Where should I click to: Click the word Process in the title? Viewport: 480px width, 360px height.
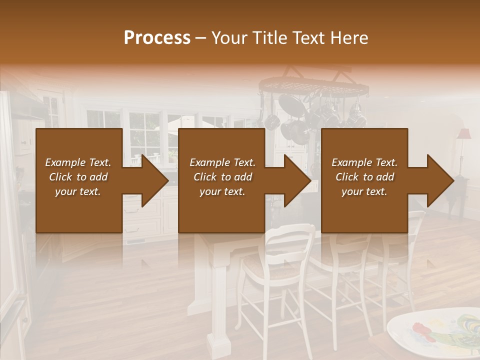pos(157,38)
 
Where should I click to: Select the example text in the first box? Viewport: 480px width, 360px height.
pos(78,177)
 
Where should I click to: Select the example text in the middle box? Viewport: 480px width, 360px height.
pos(222,177)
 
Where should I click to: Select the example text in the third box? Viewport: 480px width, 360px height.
pos(364,177)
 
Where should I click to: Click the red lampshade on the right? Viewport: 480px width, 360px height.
pos(463,134)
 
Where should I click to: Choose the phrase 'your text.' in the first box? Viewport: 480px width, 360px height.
pos(78,191)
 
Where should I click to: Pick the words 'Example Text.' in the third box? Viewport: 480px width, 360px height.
pos(364,162)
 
